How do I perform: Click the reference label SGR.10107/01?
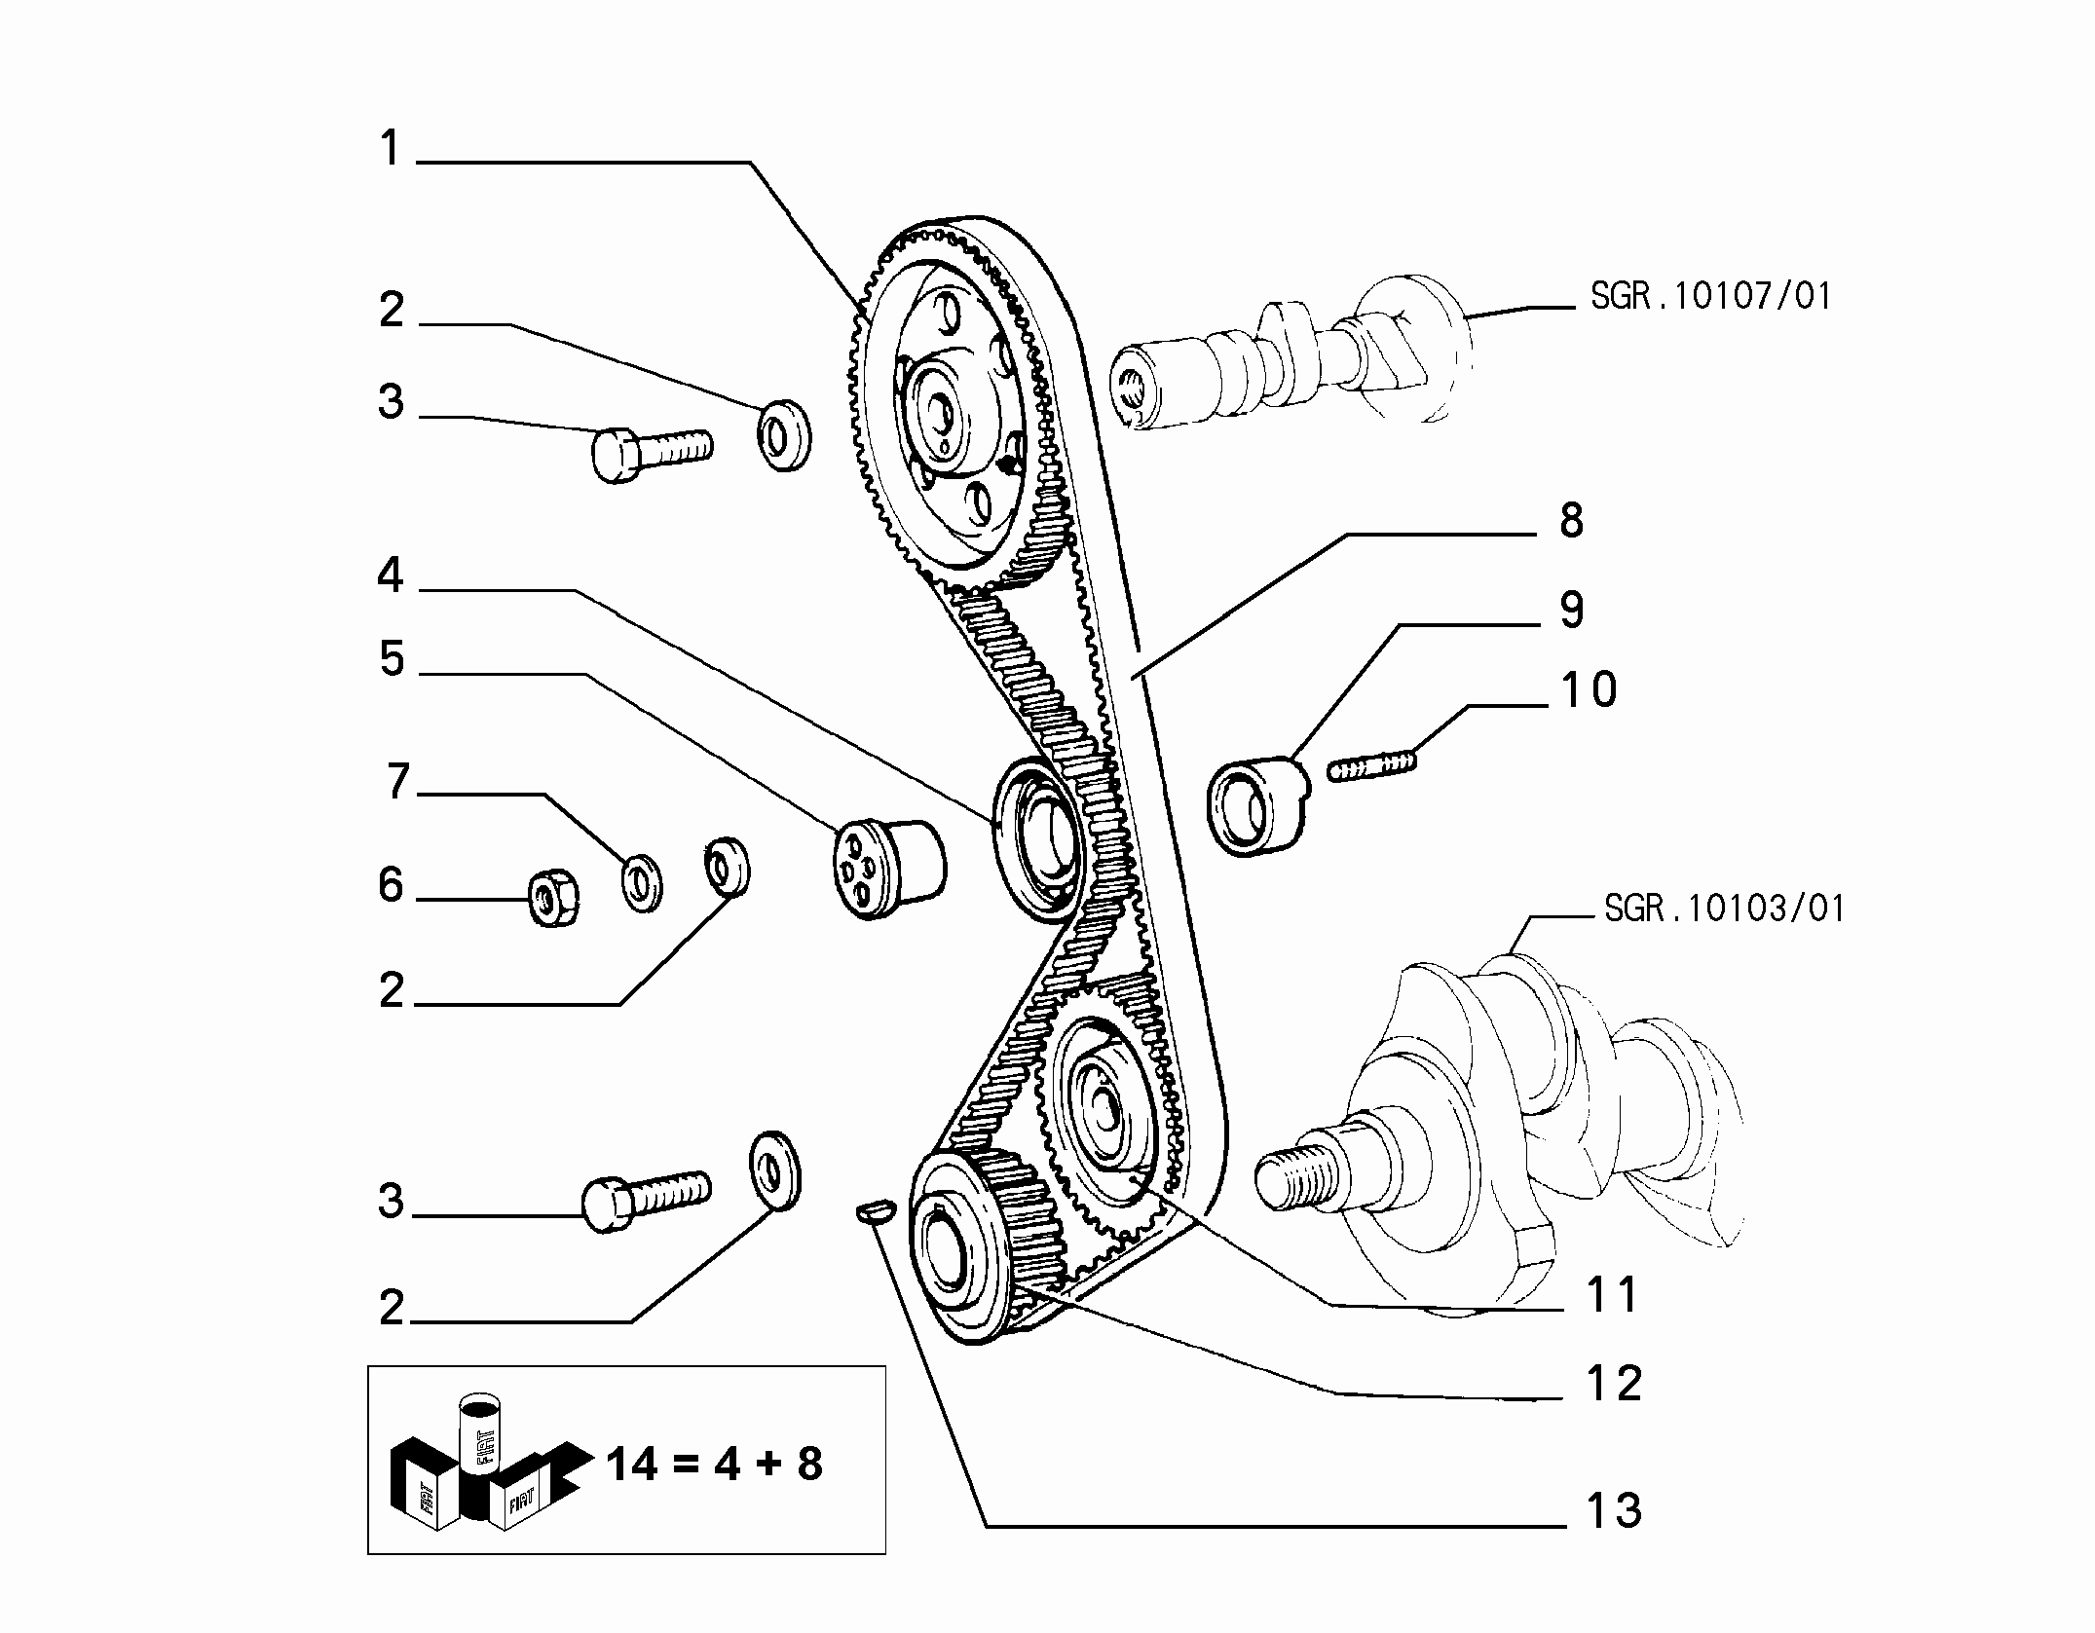tap(1710, 296)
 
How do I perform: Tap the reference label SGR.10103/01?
tap(1724, 909)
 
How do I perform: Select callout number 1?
tap(391, 149)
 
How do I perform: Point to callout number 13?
tap(1614, 1510)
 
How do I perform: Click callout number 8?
tap(1571, 520)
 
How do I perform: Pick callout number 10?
tap(1589, 689)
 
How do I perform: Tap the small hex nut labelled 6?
tap(554, 899)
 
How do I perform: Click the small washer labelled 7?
tap(642, 881)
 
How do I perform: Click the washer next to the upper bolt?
tap(783, 434)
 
